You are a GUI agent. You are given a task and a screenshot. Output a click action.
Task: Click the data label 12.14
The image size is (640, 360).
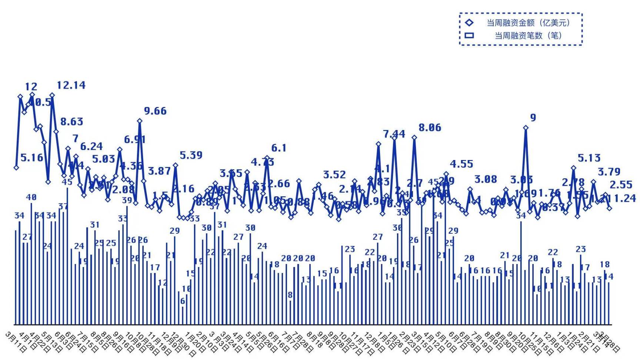pyautogui.click(x=71, y=85)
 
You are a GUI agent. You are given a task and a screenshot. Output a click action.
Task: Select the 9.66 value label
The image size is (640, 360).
pyautogui.click(x=155, y=111)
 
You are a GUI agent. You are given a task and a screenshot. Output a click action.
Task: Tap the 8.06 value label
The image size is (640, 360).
pyautogui.click(x=430, y=128)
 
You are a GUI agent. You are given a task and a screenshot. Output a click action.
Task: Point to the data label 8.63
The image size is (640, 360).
pyautogui.click(x=72, y=121)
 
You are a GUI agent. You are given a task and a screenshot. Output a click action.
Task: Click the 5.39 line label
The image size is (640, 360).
pyautogui.click(x=191, y=155)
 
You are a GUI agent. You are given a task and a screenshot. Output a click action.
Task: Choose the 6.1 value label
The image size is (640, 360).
pyautogui.click(x=279, y=148)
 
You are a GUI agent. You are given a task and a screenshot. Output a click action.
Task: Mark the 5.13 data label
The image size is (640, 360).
pyautogui.click(x=589, y=158)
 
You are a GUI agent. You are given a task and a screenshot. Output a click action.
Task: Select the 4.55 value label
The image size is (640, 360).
pyautogui.click(x=461, y=164)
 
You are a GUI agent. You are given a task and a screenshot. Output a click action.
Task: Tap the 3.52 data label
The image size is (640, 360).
pyautogui.click(x=334, y=174)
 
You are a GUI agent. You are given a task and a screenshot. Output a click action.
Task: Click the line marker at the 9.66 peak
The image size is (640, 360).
pyautogui.click(x=140, y=121)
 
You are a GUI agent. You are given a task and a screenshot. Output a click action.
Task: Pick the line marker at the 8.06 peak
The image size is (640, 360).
pyautogui.click(x=414, y=137)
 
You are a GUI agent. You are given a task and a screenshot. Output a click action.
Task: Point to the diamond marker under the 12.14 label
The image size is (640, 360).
pyautogui.click(x=52, y=95)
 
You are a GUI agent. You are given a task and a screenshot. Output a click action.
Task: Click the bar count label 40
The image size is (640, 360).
pyautogui.click(x=31, y=197)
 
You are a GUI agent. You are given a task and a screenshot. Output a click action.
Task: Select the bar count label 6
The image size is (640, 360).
pyautogui.click(x=183, y=301)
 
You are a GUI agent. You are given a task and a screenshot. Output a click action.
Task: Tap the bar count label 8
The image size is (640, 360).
pyautogui.click(x=290, y=295)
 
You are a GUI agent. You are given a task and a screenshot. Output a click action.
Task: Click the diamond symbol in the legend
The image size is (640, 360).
pyautogui.click(x=469, y=23)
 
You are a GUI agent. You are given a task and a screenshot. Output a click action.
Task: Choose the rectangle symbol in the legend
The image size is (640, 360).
pyautogui.click(x=469, y=36)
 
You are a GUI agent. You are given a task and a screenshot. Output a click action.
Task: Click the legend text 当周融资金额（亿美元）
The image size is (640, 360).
pyautogui.click(x=528, y=23)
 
